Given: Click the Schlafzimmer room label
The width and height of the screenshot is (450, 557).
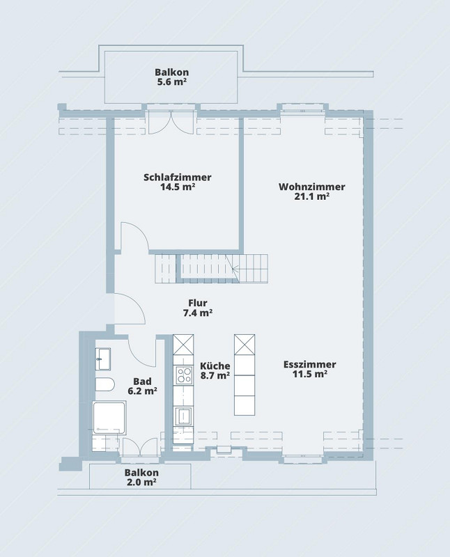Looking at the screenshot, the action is click(x=178, y=178).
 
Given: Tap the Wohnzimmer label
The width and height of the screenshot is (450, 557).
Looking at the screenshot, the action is click(x=312, y=187).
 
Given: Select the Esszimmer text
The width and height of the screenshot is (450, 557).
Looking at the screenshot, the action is click(x=309, y=364).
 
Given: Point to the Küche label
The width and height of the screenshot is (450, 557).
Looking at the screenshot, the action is click(x=215, y=366).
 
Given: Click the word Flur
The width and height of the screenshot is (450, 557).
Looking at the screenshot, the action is click(x=198, y=303).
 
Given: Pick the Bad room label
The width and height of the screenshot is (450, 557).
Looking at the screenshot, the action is click(x=142, y=382).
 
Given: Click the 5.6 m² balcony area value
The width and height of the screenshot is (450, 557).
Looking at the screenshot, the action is click(x=171, y=81).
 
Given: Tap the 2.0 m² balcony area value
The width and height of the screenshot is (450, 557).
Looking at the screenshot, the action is click(x=141, y=482).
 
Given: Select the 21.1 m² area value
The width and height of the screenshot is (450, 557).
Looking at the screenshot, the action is click(x=312, y=196).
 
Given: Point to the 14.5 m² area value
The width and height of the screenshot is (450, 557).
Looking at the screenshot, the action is click(x=178, y=187).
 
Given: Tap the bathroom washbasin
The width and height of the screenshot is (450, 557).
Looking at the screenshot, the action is click(x=103, y=359).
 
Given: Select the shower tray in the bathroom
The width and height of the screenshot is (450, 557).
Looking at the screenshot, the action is click(x=109, y=417).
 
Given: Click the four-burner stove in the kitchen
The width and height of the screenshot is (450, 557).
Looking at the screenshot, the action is click(x=184, y=375).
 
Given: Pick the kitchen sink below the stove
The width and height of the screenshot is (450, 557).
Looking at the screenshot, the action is click(x=184, y=416).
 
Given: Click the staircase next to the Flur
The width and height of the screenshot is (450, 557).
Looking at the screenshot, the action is click(x=211, y=268).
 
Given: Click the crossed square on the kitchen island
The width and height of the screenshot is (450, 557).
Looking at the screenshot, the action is click(x=245, y=344).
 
